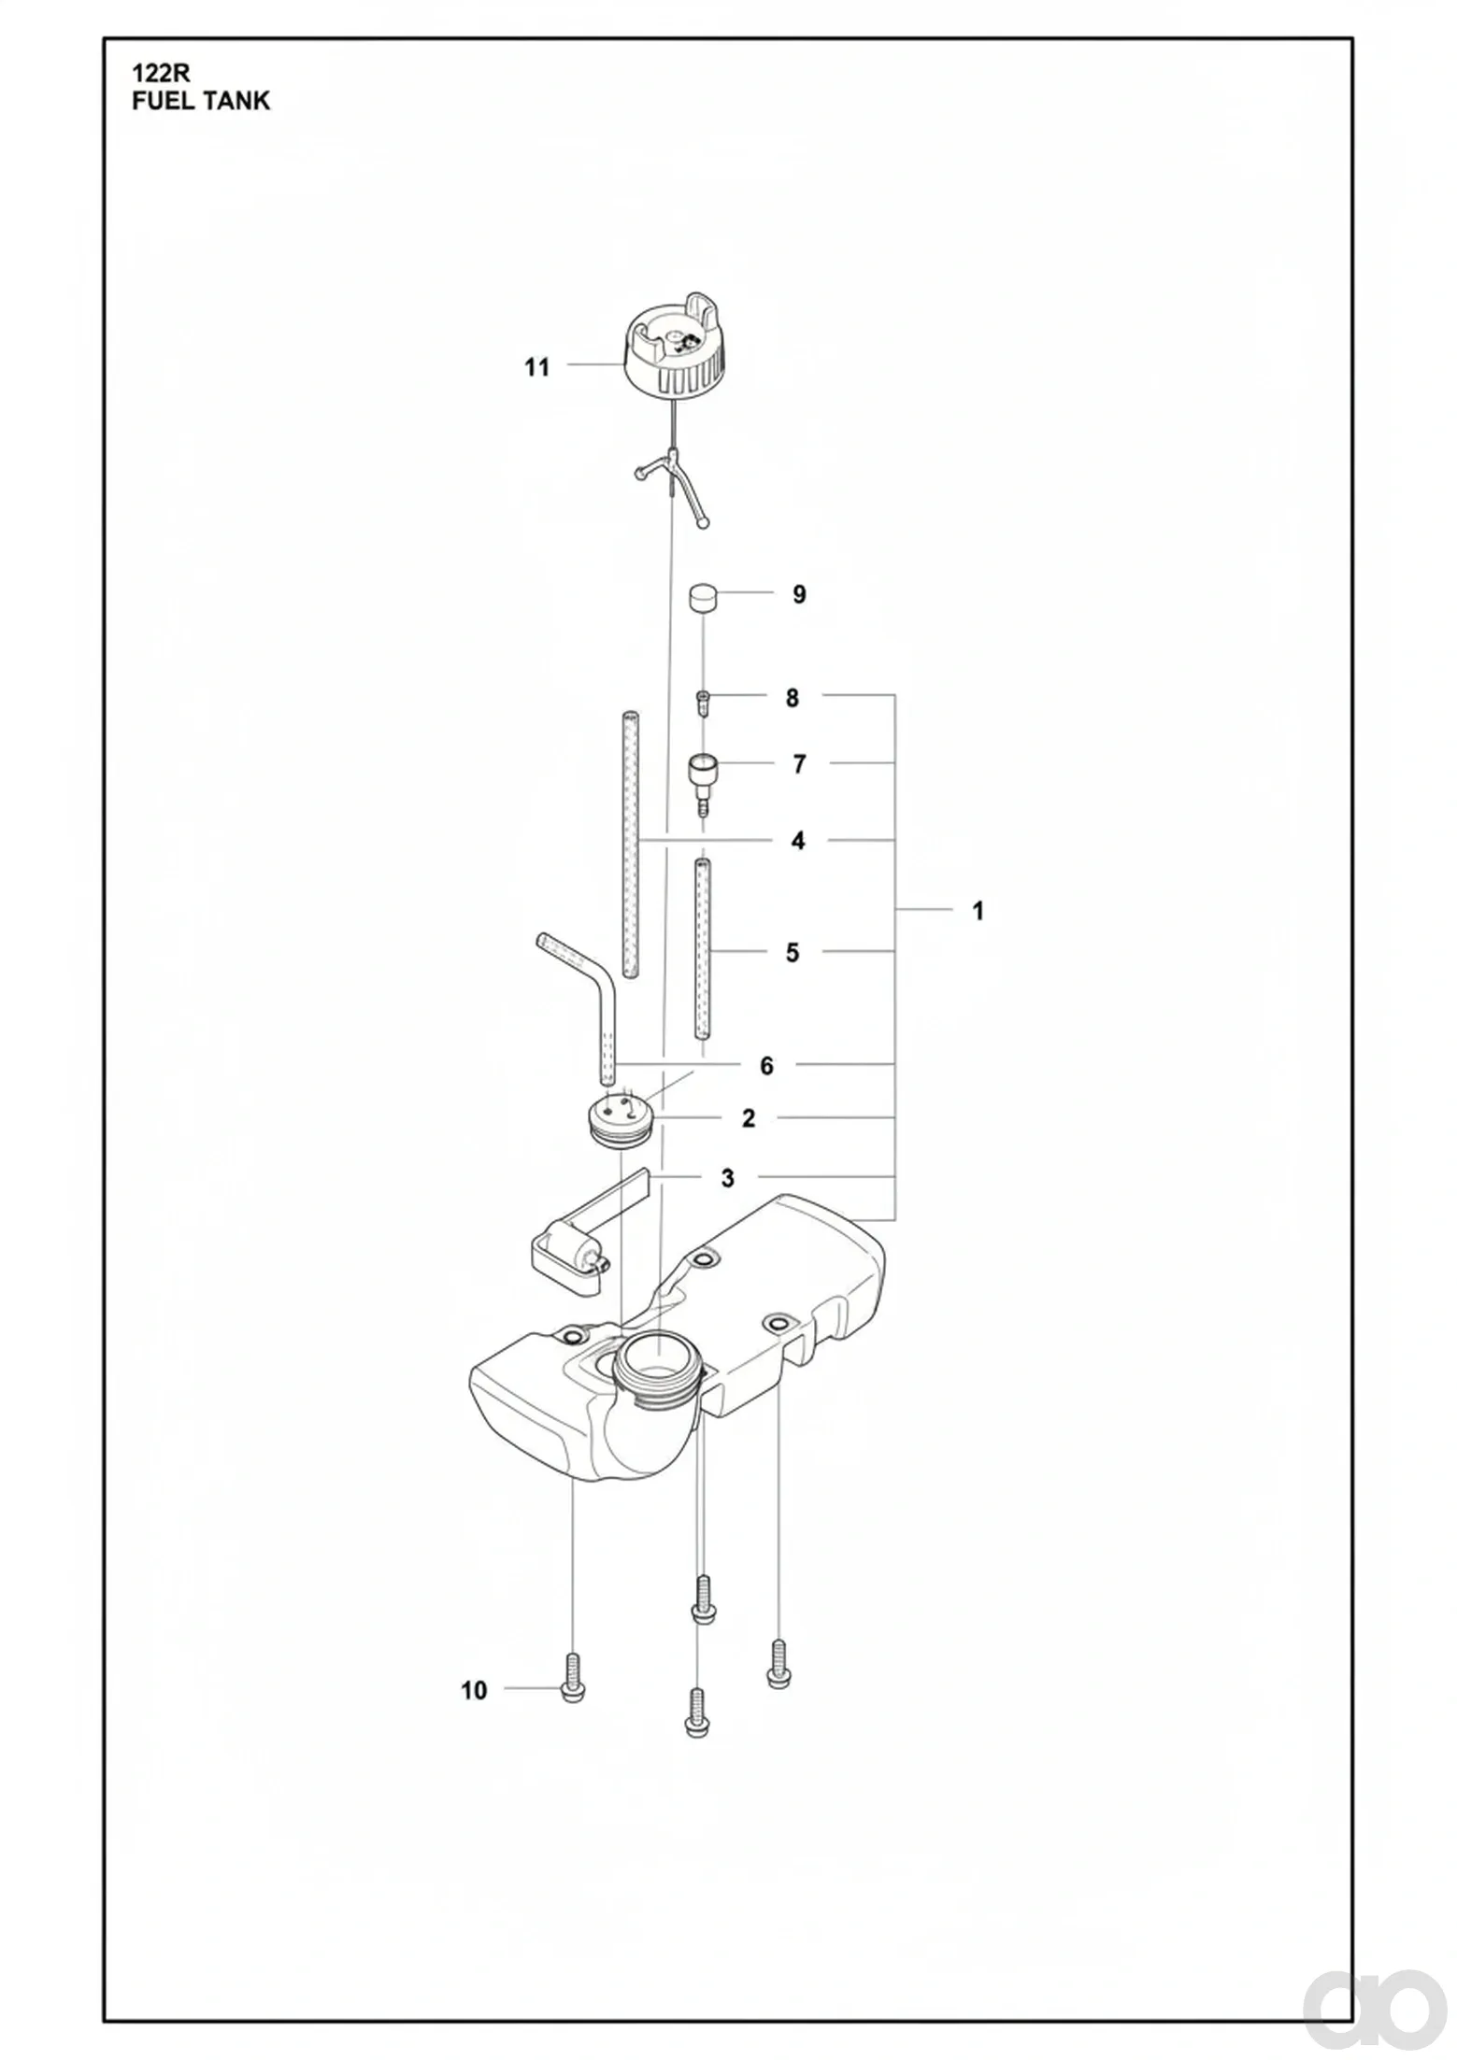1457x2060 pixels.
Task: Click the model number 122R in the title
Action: pyautogui.click(x=161, y=74)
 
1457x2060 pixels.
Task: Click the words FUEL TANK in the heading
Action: pyautogui.click(x=201, y=101)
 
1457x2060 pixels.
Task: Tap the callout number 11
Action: pyautogui.click(x=536, y=367)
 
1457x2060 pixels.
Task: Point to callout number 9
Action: pyautogui.click(x=799, y=594)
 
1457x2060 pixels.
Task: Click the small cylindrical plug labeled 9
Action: pyautogui.click(x=704, y=597)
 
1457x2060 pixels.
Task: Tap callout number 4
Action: pyautogui.click(x=797, y=841)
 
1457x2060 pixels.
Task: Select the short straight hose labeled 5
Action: pyautogui.click(x=702, y=948)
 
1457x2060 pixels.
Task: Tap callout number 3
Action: pyautogui.click(x=728, y=1178)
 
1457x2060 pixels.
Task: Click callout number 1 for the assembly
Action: pyautogui.click(x=978, y=910)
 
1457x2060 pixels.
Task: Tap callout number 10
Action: pyautogui.click(x=474, y=1690)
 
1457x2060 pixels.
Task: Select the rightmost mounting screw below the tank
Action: pyautogui.click(x=778, y=1664)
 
